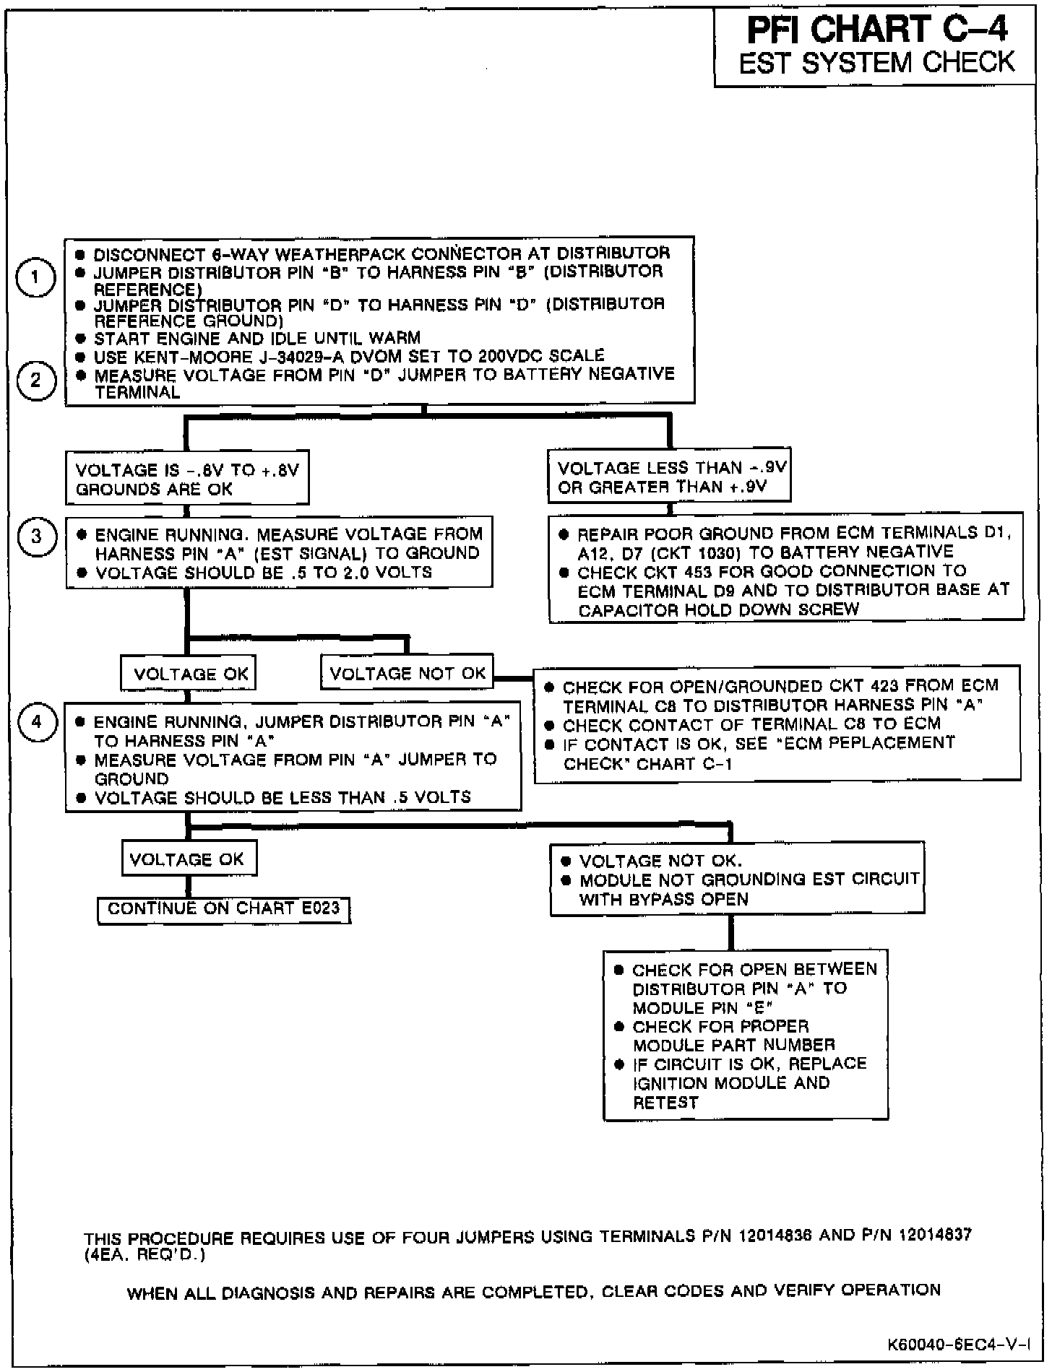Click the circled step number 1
pyautogui.click(x=35, y=277)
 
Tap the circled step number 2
pyautogui.click(x=36, y=380)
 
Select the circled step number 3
pyautogui.click(x=36, y=537)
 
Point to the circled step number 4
pyautogui.click(x=36, y=721)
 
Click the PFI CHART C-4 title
pyautogui.click(x=877, y=30)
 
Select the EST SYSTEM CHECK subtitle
pyautogui.click(x=877, y=63)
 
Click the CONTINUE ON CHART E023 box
pyautogui.click(x=224, y=908)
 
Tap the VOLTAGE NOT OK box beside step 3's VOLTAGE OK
pyautogui.click(x=408, y=673)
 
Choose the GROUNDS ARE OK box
pyautogui.click(x=187, y=479)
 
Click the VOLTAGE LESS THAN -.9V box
pyautogui.click(x=671, y=477)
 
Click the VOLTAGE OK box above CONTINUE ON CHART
pyautogui.click(x=188, y=859)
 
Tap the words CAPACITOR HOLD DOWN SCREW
pyautogui.click(x=719, y=609)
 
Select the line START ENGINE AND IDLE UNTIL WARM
pyautogui.click(x=257, y=338)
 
